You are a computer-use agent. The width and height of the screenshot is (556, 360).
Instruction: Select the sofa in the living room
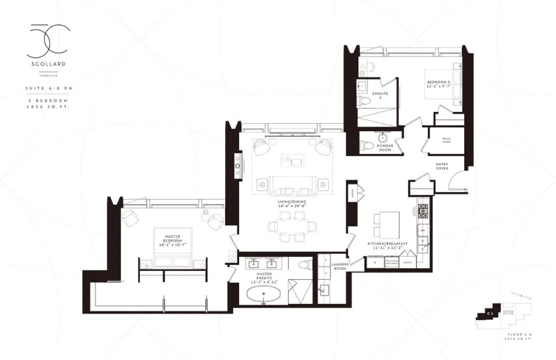pyautogui.click(x=289, y=185)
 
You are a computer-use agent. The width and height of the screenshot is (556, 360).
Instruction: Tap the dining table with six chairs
pyautogui.click(x=289, y=229)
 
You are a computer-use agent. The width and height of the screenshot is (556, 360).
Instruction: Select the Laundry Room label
pyautogui.click(x=339, y=267)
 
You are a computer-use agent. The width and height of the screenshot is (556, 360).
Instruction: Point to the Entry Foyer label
pyautogui.click(x=443, y=166)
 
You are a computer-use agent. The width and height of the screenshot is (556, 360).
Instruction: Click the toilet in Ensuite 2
pyautogui.click(x=363, y=101)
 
